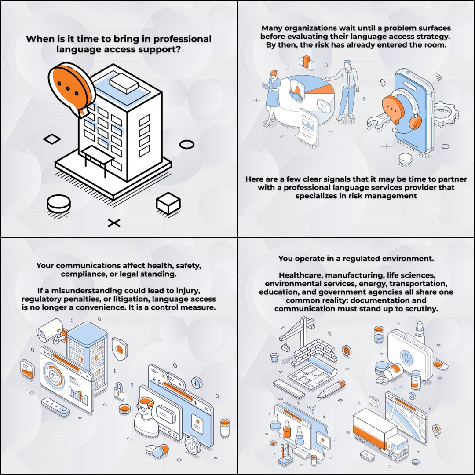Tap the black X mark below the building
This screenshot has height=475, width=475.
point(114,223)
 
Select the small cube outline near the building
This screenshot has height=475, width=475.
point(168,203)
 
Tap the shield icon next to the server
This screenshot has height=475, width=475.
point(120,349)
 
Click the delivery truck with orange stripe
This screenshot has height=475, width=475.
point(380,433)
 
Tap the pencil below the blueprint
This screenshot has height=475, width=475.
point(331,389)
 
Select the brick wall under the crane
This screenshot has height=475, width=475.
point(314,352)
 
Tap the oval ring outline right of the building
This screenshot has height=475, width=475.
point(187,144)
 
